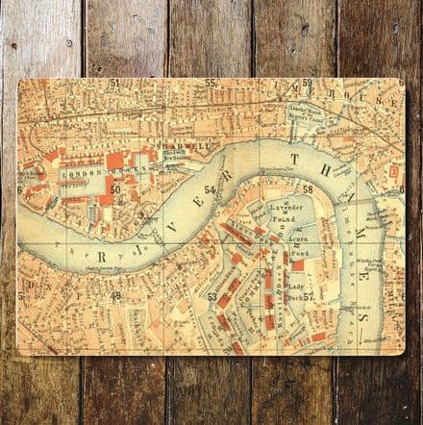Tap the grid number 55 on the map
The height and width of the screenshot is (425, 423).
point(210,83)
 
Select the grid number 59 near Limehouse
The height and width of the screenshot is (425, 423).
point(307,84)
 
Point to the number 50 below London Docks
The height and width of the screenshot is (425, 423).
point(114,189)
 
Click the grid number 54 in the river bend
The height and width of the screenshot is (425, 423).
point(210,189)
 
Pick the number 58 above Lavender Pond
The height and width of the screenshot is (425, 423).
point(308,188)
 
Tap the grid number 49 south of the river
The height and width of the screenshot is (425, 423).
point(115,295)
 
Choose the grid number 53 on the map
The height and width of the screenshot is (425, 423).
point(211,298)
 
